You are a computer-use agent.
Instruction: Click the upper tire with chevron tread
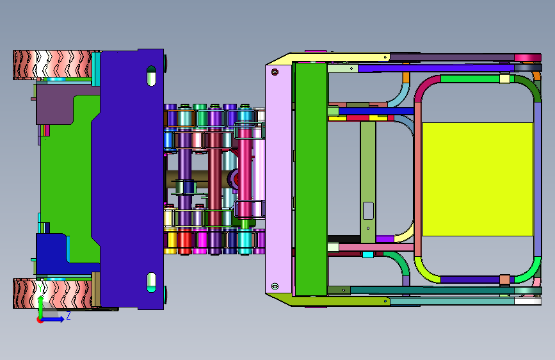[52, 65]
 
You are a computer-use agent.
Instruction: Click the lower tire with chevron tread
[52, 293]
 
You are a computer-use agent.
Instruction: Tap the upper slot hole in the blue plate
[151, 76]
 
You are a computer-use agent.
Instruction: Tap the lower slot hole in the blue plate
[151, 282]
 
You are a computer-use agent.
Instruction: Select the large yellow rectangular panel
[478, 179]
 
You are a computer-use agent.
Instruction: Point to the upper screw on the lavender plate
[275, 72]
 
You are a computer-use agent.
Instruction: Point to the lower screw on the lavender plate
[275, 286]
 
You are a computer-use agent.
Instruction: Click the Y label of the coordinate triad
[40, 288]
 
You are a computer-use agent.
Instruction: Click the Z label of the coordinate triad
[68, 315]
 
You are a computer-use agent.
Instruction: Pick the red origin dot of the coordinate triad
[40, 320]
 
